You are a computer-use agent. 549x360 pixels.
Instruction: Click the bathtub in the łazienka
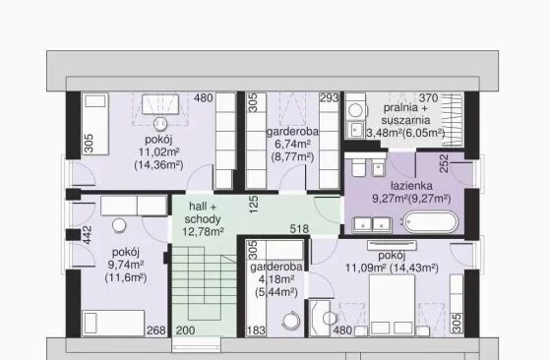pyautogui.click(x=430, y=222)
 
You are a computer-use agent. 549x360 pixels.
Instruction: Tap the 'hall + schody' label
pyautogui.click(x=203, y=212)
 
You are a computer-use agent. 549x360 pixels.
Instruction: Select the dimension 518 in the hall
pyautogui.click(x=299, y=229)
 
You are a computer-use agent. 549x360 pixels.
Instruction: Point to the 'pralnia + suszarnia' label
pyautogui.click(x=405, y=114)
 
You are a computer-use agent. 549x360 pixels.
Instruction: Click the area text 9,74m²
pyautogui.click(x=126, y=265)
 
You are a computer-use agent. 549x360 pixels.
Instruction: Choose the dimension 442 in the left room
pyautogui.click(x=87, y=235)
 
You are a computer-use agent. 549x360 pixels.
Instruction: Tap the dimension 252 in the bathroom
pyautogui.click(x=444, y=163)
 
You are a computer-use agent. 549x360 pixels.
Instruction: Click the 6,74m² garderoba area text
pyautogui.click(x=293, y=144)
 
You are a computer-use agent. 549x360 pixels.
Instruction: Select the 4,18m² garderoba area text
pyautogui.click(x=276, y=279)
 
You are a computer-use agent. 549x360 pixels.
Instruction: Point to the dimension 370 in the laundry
pyautogui.click(x=429, y=98)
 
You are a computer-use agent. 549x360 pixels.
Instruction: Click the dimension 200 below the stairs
pyautogui.click(x=185, y=330)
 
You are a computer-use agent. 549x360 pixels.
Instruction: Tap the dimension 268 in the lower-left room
pyautogui.click(x=156, y=330)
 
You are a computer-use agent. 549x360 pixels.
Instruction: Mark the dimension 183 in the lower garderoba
pyautogui.click(x=256, y=330)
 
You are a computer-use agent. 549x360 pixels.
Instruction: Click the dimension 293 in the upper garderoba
pyautogui.click(x=330, y=98)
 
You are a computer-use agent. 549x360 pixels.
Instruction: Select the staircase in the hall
pyautogui.click(x=204, y=292)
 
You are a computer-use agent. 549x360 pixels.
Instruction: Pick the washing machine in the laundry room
pyautogui.click(x=356, y=111)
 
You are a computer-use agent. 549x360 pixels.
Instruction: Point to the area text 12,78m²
pyautogui.click(x=203, y=231)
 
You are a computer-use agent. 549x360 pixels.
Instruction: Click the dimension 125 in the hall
pyautogui.click(x=255, y=205)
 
